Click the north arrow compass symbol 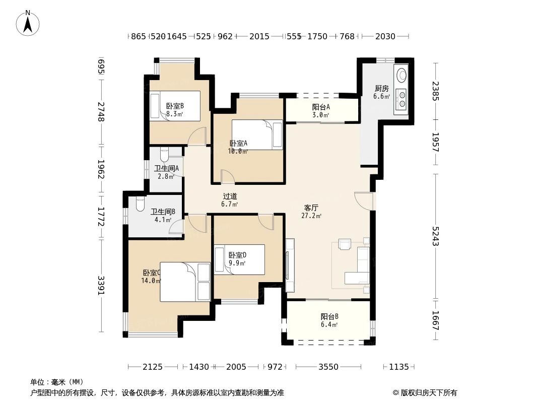pyautogui.click(x=28, y=22)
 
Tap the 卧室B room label pyautogui.click(x=175, y=106)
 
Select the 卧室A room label pyautogui.click(x=238, y=143)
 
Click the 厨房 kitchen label pyautogui.click(x=381, y=89)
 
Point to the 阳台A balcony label pyautogui.click(x=320, y=107)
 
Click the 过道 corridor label pyautogui.click(x=230, y=196)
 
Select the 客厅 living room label pyautogui.click(x=311, y=208)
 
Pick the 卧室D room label pyautogui.click(x=237, y=255)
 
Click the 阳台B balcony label pyautogui.click(x=329, y=317)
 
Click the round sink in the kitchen pyautogui.click(x=401, y=75)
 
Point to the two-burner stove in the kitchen pyautogui.click(x=401, y=99)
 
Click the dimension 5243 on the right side pyautogui.click(x=436, y=235)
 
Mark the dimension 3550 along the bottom pyautogui.click(x=328, y=367)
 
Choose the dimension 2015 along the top pyautogui.click(x=259, y=36)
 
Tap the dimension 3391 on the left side pyautogui.click(x=101, y=286)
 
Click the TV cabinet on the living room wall pyautogui.click(x=290, y=264)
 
